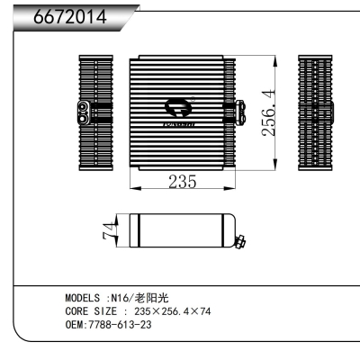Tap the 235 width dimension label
(183, 182)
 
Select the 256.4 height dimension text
(268, 112)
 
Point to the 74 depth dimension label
(107, 230)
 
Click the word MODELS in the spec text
(83, 298)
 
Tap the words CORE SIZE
(89, 310)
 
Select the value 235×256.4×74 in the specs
(172, 310)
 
